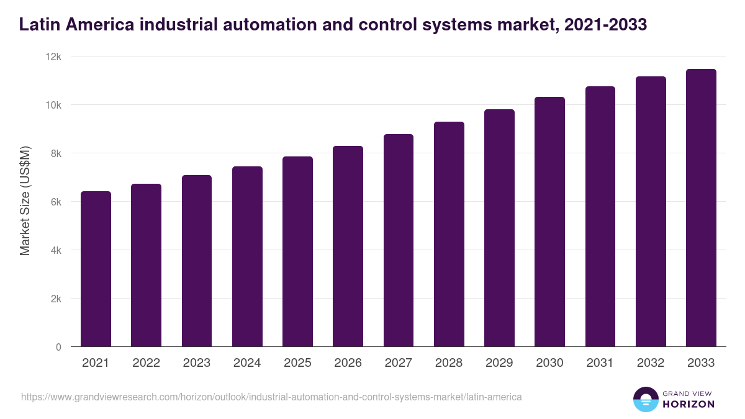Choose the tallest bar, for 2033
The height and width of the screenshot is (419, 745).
pyautogui.click(x=701, y=208)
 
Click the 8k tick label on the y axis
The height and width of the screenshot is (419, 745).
pyautogui.click(x=55, y=153)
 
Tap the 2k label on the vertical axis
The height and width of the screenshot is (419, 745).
pyautogui.click(x=55, y=299)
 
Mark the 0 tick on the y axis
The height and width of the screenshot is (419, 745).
pyautogui.click(x=58, y=347)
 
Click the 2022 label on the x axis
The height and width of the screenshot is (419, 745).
pyautogui.click(x=146, y=363)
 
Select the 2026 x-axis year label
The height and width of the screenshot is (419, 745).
pyautogui.click(x=348, y=363)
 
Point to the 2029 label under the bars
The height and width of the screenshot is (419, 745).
pyautogui.click(x=499, y=363)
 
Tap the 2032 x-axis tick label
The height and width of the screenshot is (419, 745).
pyautogui.click(x=651, y=363)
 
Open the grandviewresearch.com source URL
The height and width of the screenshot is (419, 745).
pyautogui.click(x=271, y=397)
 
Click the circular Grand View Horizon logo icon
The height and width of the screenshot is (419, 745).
pyautogui.click(x=645, y=399)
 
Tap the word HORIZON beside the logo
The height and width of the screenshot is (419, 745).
pyautogui.click(x=688, y=404)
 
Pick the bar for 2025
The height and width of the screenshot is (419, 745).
pyautogui.click(x=297, y=251)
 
